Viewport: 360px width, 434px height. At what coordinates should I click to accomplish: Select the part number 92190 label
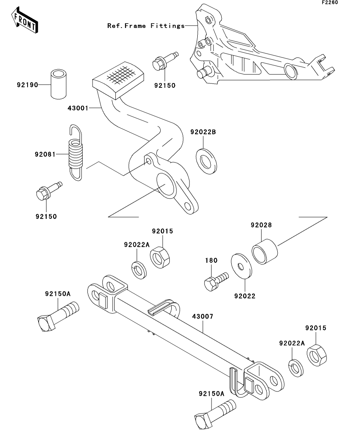pyautogui.click(x=27, y=85)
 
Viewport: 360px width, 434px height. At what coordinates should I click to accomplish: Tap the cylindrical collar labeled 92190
pyautogui.click(x=58, y=84)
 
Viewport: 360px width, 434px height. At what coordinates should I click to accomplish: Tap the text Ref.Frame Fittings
pyautogui.click(x=146, y=26)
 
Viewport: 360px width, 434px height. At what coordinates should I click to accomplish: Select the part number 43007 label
pyautogui.click(x=203, y=316)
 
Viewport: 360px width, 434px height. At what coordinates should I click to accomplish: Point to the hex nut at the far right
pyautogui.click(x=315, y=355)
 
